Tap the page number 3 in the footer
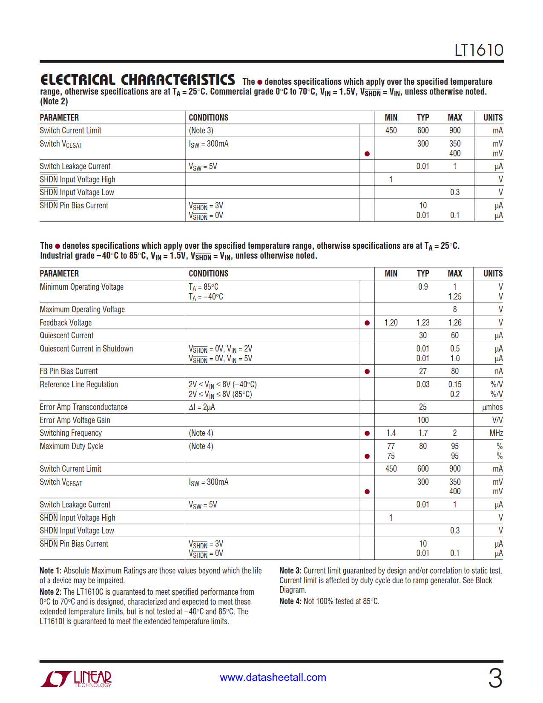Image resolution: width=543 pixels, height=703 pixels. (x=495, y=678)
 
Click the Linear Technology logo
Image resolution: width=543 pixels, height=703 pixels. (x=76, y=679)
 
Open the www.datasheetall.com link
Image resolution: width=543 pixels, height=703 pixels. (x=273, y=677)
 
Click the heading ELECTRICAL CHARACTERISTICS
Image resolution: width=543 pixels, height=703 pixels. (x=138, y=80)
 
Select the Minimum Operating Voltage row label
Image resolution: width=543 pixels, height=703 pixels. (x=82, y=287)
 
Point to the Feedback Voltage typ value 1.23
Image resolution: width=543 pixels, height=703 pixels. (x=422, y=323)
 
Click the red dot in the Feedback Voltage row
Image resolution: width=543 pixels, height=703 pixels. (x=367, y=323)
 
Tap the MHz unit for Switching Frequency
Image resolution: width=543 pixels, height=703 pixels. (x=496, y=433)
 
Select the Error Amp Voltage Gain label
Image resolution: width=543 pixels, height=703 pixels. (x=75, y=421)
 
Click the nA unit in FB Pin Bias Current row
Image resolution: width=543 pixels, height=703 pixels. (x=498, y=372)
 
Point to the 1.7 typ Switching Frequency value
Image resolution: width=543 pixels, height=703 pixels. (x=422, y=433)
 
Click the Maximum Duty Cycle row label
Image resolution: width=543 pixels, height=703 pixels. (x=72, y=447)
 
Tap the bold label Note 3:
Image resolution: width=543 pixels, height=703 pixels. (x=290, y=571)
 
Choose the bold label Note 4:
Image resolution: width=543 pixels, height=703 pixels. (x=290, y=602)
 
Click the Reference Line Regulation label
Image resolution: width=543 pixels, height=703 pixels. (x=79, y=385)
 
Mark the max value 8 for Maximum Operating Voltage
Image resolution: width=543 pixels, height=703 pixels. (x=455, y=310)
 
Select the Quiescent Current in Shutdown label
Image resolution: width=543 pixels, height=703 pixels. (x=86, y=349)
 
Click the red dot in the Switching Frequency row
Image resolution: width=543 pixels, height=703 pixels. (x=367, y=433)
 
